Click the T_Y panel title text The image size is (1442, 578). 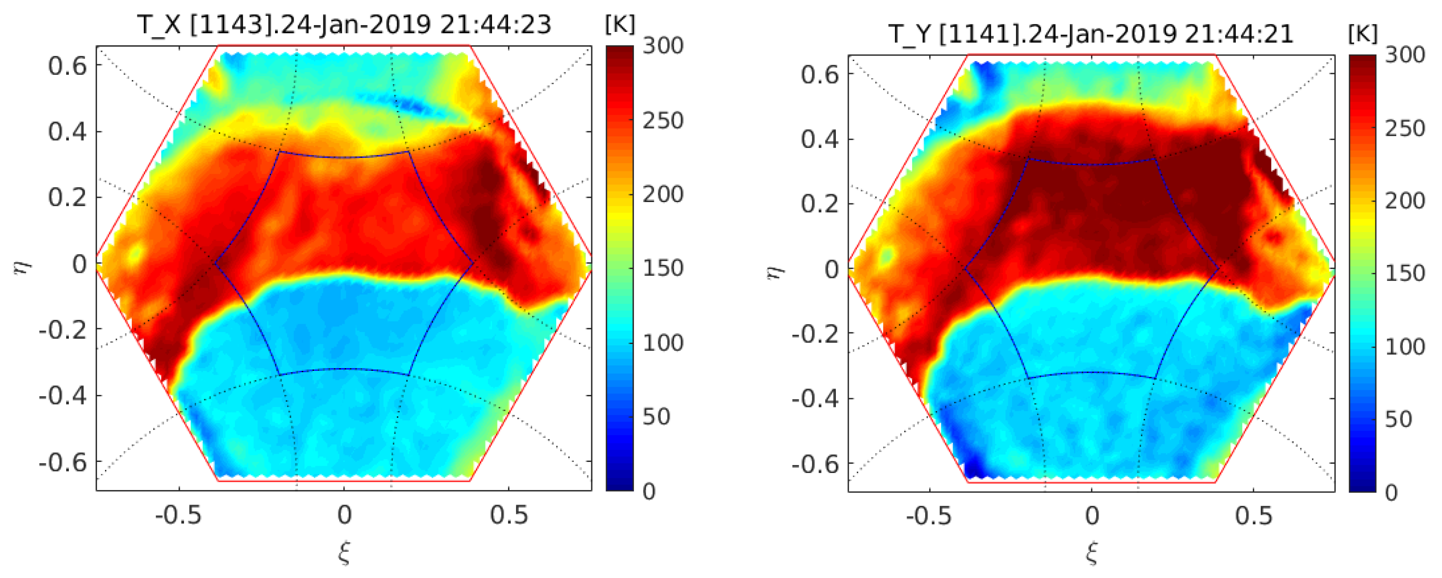click(1091, 35)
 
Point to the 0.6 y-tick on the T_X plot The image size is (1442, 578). click(67, 66)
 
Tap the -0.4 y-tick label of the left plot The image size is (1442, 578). click(63, 396)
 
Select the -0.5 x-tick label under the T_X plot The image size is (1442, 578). click(178, 515)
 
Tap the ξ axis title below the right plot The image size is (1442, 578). click(1092, 553)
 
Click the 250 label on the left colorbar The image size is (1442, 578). click(662, 120)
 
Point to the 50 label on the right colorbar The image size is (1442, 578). click(1398, 419)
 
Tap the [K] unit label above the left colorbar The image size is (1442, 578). click(620, 24)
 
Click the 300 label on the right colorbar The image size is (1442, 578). click(1405, 55)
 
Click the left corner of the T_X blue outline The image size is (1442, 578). click(215, 263)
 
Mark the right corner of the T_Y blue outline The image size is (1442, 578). click(1218, 269)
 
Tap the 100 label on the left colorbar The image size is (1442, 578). click(662, 343)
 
